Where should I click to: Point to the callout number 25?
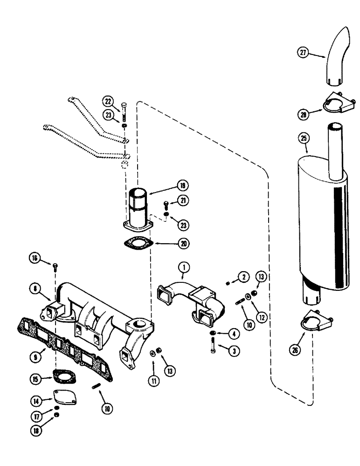point(305,138)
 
